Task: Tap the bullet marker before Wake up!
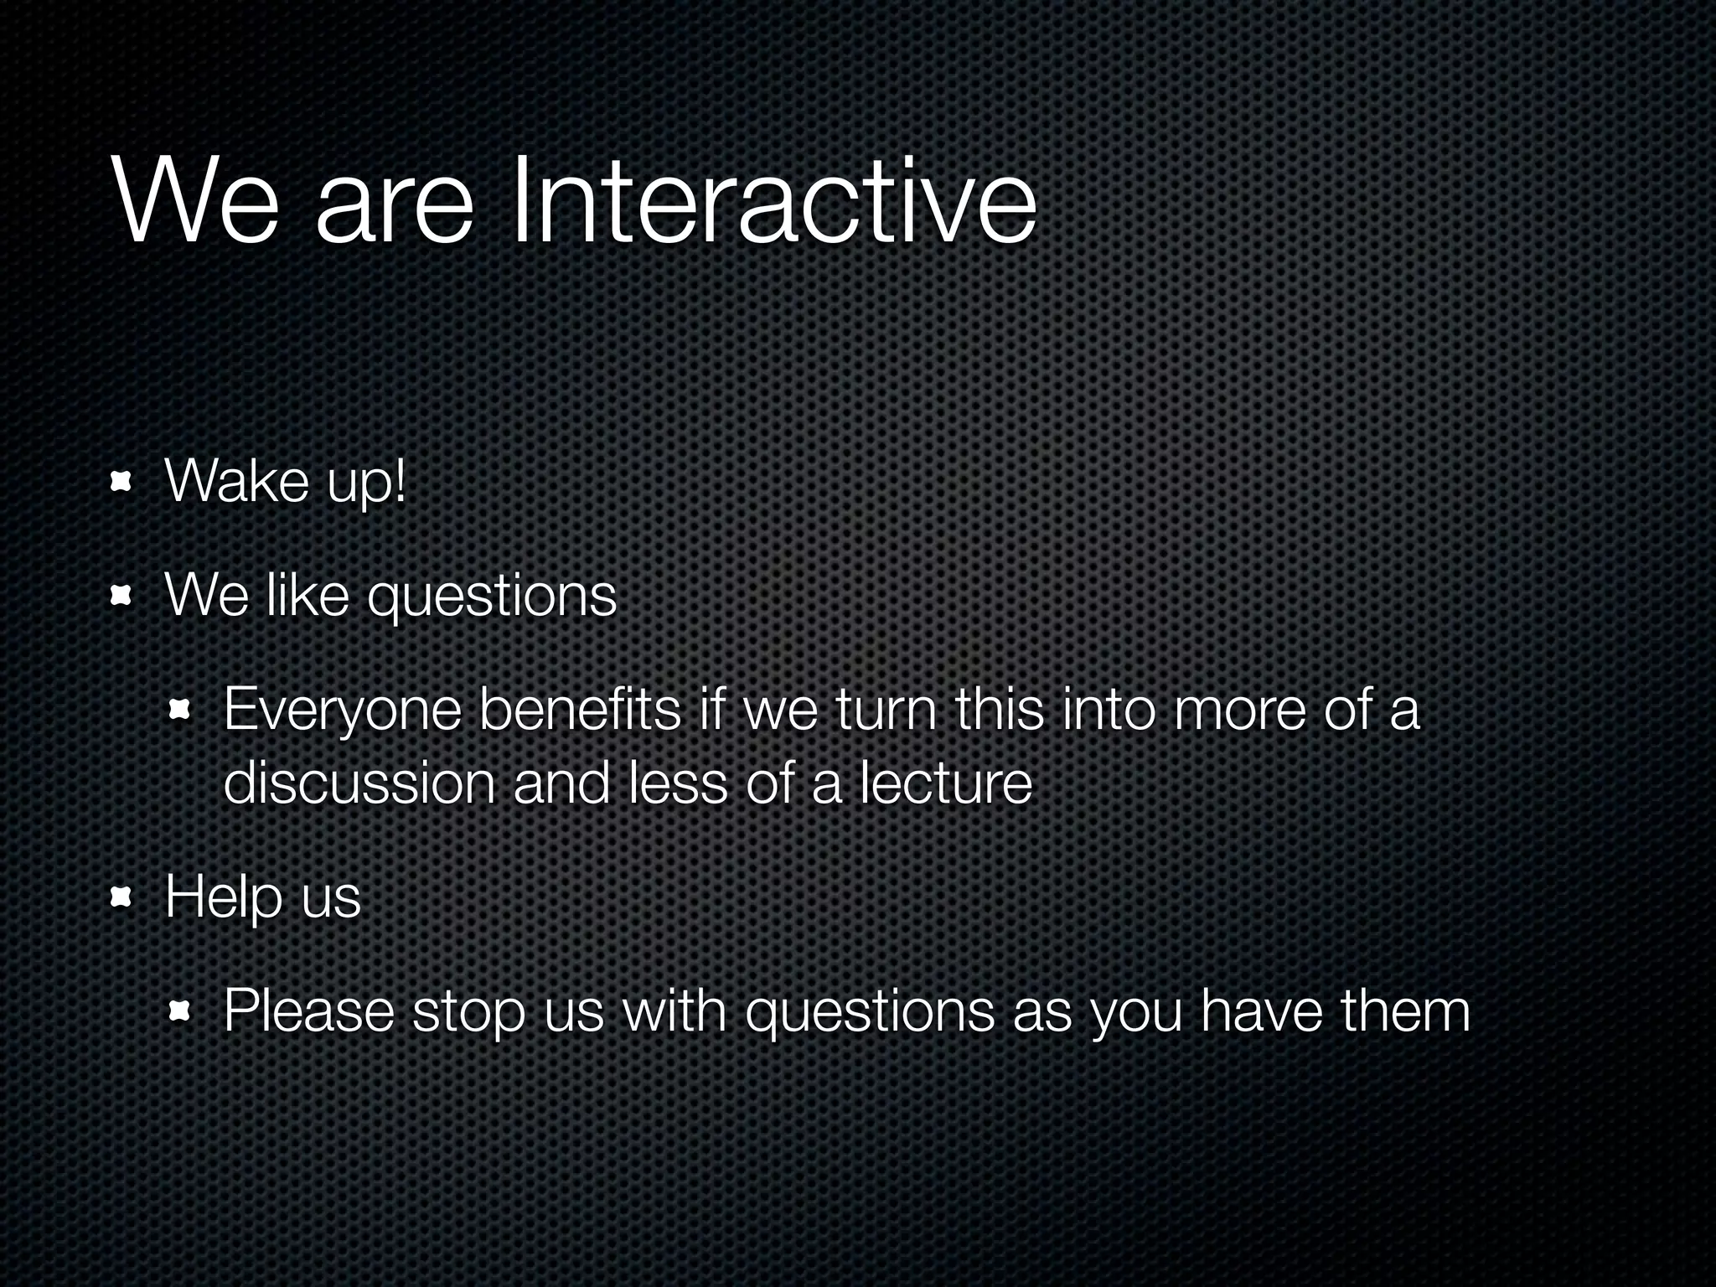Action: click(x=122, y=483)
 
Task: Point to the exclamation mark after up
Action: click(x=399, y=481)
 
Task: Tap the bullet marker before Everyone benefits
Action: click(x=179, y=711)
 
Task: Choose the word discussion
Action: click(x=359, y=783)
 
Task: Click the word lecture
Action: click(x=946, y=783)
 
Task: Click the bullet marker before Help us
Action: click(x=122, y=898)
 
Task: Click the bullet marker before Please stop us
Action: click(x=179, y=1012)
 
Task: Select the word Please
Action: click(x=308, y=1010)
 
